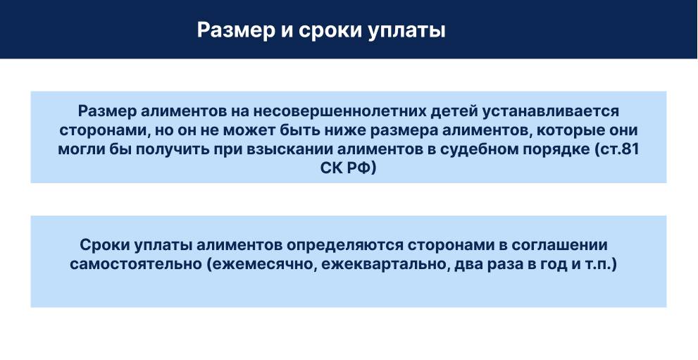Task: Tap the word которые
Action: click(574, 131)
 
